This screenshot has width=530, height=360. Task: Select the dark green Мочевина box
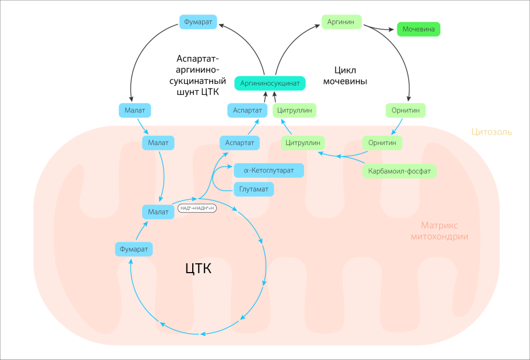point(418,29)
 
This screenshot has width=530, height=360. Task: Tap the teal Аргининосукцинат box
point(270,83)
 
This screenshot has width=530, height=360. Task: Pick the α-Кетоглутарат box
point(269,171)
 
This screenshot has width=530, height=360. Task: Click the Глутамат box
point(254,189)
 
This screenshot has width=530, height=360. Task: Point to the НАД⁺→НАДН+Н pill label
point(197,208)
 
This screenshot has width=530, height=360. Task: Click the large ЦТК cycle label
point(198,269)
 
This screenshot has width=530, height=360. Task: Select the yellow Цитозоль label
point(492,132)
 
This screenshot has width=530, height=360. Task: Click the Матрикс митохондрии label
point(439,231)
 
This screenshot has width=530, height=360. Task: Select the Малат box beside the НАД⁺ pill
point(158,211)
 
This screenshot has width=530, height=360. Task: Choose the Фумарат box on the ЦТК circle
point(134,249)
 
